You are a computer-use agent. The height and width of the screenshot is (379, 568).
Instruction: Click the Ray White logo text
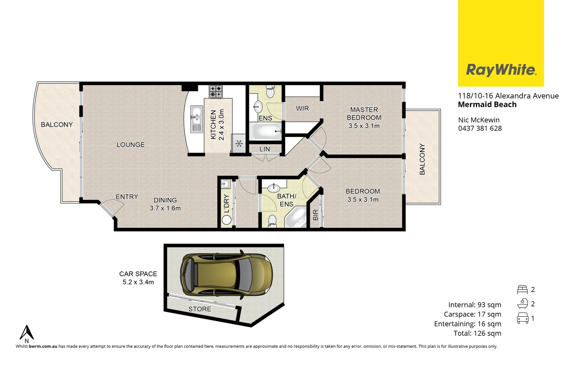(x=501, y=70)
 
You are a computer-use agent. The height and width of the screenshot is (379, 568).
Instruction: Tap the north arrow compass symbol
(x=27, y=333)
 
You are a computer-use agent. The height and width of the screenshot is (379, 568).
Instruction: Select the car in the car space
(x=226, y=274)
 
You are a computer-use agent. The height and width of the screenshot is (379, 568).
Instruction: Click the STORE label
(x=200, y=309)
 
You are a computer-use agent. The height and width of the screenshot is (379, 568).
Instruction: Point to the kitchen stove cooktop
(x=216, y=92)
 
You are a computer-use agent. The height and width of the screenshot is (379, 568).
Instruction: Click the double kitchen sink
(x=196, y=119)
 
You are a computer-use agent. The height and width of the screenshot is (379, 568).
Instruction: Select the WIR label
(x=302, y=108)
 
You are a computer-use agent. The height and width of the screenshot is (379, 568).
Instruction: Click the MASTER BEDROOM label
(x=364, y=114)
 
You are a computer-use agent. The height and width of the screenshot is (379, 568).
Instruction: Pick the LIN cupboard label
(x=265, y=149)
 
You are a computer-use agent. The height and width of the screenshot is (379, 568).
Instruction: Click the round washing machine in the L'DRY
(x=227, y=220)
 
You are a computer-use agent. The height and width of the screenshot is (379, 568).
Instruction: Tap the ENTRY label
(x=127, y=197)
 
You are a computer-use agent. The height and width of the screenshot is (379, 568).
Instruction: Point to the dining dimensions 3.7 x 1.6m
(x=165, y=208)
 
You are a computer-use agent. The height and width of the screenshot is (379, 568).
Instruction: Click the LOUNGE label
(x=131, y=145)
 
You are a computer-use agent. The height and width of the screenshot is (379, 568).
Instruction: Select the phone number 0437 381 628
(x=480, y=128)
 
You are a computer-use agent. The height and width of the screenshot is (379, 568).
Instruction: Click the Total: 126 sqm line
(x=477, y=333)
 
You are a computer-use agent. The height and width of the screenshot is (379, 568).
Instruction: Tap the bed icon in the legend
(x=522, y=290)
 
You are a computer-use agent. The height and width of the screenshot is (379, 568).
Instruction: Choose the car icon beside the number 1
(x=522, y=318)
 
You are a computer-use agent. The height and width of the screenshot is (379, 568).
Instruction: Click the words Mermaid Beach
(x=487, y=105)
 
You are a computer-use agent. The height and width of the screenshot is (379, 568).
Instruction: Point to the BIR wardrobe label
(x=315, y=215)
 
